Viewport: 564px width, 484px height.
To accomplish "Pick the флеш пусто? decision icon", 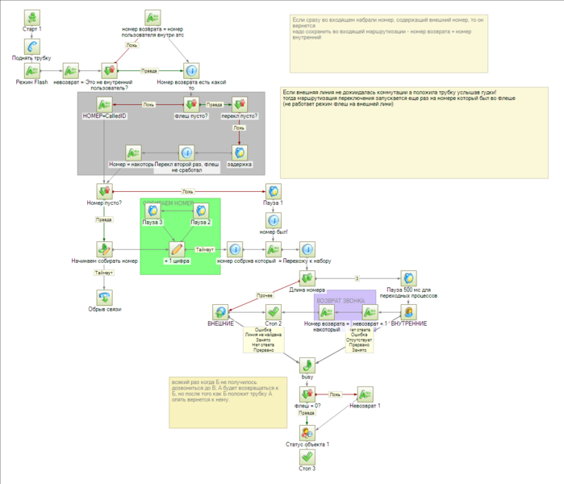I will [x=191, y=104].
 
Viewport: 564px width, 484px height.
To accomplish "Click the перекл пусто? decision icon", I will [x=240, y=104].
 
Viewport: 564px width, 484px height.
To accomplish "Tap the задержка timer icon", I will [x=240, y=152].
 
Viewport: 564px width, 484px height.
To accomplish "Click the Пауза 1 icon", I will [x=274, y=191].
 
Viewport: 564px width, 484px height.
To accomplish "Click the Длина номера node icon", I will [x=307, y=279].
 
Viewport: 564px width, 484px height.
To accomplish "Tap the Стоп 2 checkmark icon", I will [x=274, y=312].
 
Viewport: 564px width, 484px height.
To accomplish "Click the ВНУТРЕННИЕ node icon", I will [x=408, y=312].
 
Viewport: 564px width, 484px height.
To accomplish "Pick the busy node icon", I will [x=307, y=365].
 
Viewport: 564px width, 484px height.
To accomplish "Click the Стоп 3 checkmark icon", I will [x=307, y=457].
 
